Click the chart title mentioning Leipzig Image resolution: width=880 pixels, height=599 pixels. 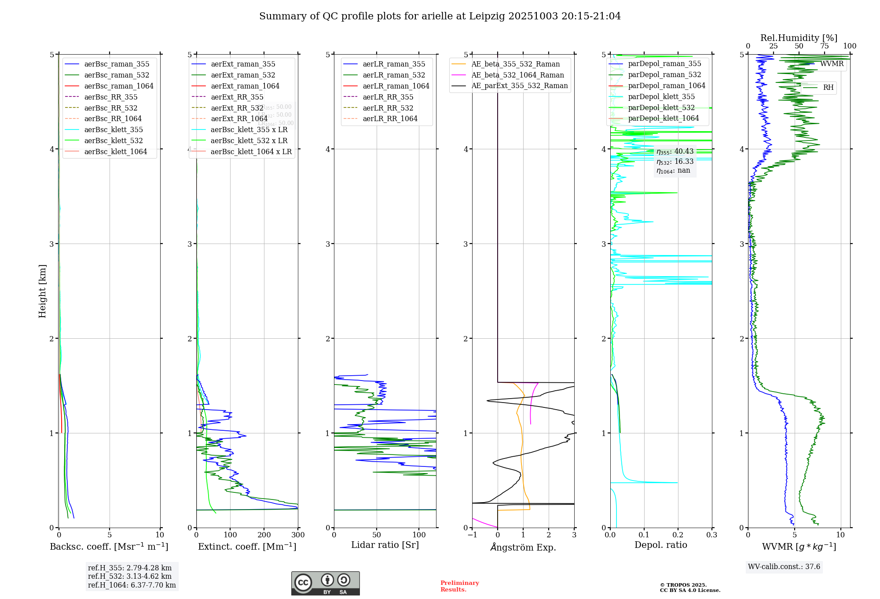[x=440, y=16]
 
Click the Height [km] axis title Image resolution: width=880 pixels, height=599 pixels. [x=42, y=291]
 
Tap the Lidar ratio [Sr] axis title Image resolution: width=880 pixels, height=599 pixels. [x=385, y=545]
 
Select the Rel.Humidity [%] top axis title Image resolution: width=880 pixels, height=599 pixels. [x=799, y=38]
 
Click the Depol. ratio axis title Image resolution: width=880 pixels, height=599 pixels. [x=660, y=545]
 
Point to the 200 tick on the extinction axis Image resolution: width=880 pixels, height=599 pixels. [x=264, y=535]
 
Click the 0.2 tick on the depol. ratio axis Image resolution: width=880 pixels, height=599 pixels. [x=678, y=535]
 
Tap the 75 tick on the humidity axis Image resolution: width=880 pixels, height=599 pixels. [x=824, y=46]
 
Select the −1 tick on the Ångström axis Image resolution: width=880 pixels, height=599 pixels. [x=472, y=535]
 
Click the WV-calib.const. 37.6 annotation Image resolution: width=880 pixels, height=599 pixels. [x=784, y=566]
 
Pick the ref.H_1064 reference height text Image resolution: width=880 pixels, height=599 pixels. [x=132, y=585]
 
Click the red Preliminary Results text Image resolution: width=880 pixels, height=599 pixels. [x=459, y=586]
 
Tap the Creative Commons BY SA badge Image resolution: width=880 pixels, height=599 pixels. [x=325, y=583]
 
